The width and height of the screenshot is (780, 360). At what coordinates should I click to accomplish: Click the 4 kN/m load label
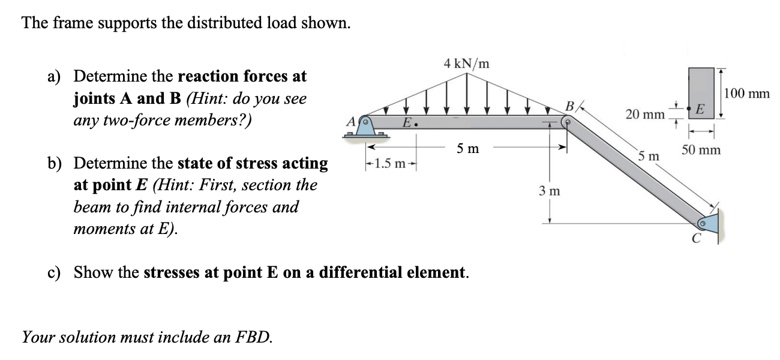coord(466,62)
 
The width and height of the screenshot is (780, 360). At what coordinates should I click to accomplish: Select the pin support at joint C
coord(709,223)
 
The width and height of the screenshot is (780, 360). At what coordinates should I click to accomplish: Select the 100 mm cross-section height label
coord(747,94)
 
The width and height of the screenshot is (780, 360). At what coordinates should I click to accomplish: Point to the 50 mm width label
coord(700,150)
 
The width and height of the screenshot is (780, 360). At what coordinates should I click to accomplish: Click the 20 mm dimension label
coord(644,114)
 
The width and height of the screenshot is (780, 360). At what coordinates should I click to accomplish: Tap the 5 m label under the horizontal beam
coord(467,148)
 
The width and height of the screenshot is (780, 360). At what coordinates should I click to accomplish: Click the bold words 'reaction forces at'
coord(242,76)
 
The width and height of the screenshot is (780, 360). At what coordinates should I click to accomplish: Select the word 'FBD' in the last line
coord(255,337)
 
